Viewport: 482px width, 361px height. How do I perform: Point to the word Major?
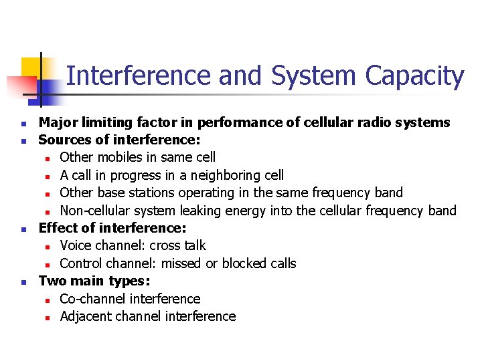point(56,122)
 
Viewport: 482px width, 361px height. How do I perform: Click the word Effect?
point(59,228)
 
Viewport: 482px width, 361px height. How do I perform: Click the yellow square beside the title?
point(31,67)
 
